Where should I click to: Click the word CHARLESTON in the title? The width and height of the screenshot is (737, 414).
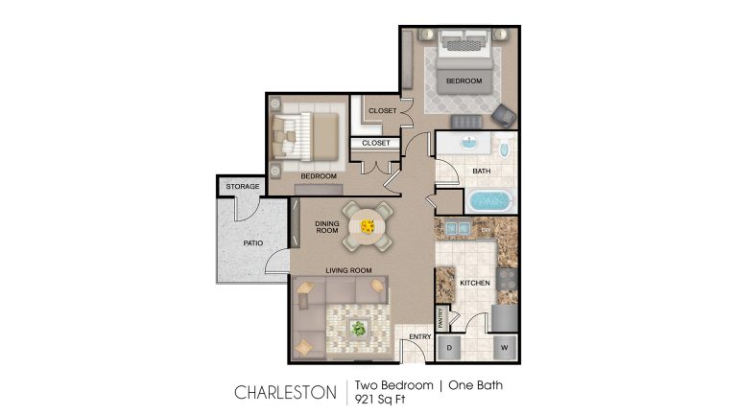point(285,392)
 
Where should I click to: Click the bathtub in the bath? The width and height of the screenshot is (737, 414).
point(489,202)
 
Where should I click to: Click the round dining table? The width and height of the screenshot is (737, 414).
point(368,226)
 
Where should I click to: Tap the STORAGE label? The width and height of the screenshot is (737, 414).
point(243,187)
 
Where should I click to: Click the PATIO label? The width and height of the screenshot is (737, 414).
point(252,243)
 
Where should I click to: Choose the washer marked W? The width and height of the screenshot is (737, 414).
point(502,348)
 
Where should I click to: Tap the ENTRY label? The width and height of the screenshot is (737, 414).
point(419,336)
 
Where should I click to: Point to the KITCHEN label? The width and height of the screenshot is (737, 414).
point(474,283)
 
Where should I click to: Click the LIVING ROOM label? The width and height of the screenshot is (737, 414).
point(347,270)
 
